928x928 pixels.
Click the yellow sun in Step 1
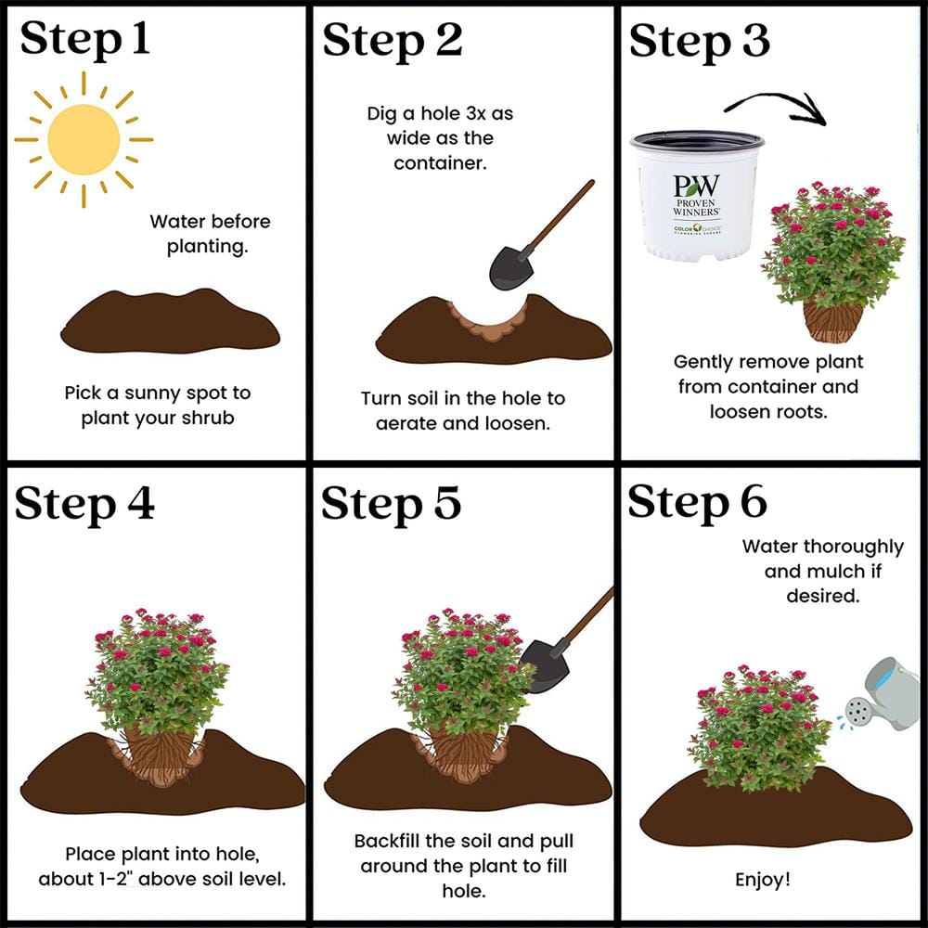(x=84, y=140)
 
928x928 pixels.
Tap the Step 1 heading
(x=84, y=42)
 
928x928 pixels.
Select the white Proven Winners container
(x=696, y=195)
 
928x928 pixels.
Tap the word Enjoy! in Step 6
(x=763, y=879)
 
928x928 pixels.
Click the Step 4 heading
(x=84, y=504)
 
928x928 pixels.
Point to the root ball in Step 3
(x=832, y=321)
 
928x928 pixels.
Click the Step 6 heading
(x=697, y=502)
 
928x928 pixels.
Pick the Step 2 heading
(x=392, y=42)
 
